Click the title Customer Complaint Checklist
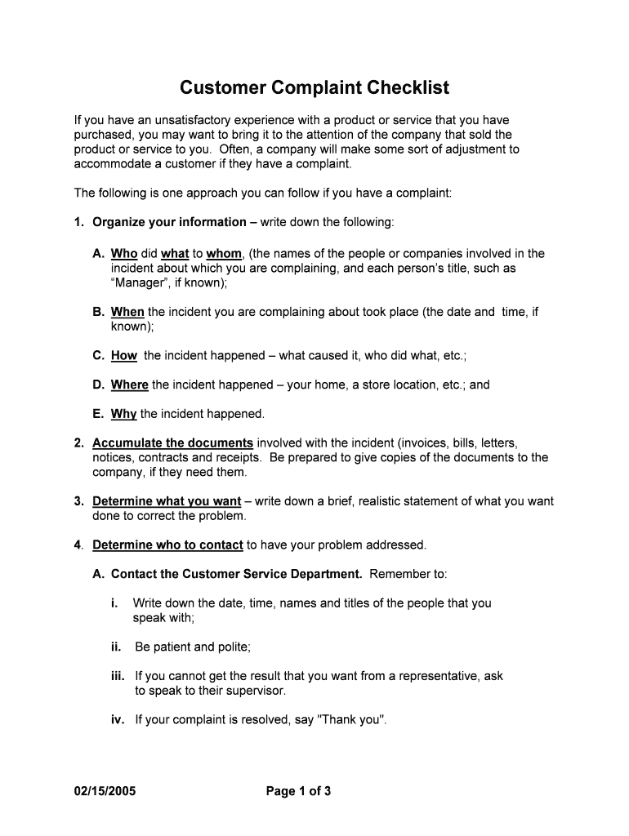tap(314, 87)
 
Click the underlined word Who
tap(124, 254)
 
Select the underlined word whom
tap(224, 254)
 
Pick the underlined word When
tap(127, 312)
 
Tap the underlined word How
tap(124, 356)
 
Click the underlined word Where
tap(130, 385)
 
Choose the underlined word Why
tap(124, 414)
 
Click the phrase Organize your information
tap(169, 222)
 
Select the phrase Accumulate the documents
tap(172, 443)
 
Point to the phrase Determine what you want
tap(167, 501)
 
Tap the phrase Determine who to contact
tap(167, 545)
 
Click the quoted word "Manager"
tap(138, 283)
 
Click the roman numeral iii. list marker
tap(118, 676)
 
